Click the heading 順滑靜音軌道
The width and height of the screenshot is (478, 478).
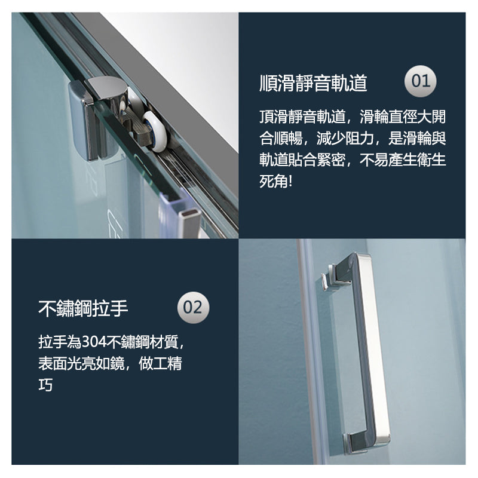(x=313, y=83)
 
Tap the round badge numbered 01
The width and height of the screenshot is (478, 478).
(x=421, y=81)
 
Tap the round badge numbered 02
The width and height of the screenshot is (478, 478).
(x=193, y=308)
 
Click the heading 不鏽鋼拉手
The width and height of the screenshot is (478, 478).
(x=83, y=308)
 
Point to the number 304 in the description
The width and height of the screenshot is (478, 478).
(x=93, y=342)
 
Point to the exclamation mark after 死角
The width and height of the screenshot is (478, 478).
(x=290, y=182)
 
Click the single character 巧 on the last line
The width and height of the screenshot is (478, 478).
(x=45, y=385)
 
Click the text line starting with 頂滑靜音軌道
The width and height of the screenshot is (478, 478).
(x=353, y=116)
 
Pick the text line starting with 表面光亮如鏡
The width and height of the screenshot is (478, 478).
(x=110, y=363)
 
